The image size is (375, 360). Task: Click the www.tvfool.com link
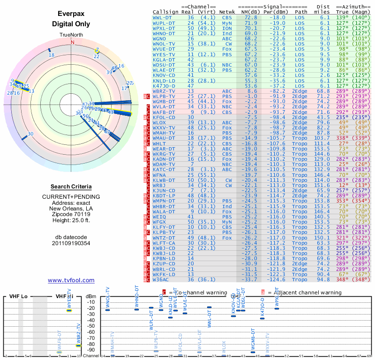(x=71, y=280)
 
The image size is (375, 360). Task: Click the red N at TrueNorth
(x=72, y=42)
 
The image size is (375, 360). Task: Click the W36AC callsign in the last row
(x=162, y=280)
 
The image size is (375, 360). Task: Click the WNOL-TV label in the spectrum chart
(x=108, y=297)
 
